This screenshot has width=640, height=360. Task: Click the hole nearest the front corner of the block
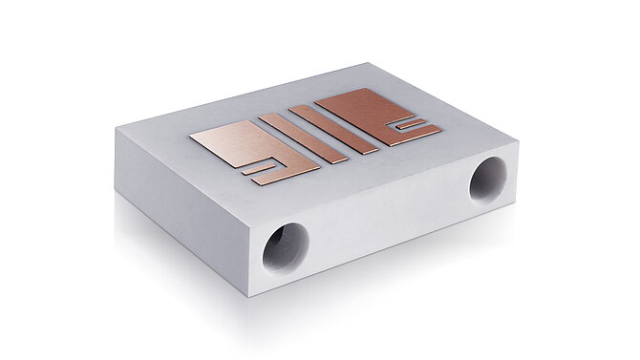286,247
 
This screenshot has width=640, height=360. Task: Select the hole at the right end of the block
487,179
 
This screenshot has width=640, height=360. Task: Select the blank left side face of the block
181,205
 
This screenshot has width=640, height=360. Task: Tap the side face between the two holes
387,215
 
